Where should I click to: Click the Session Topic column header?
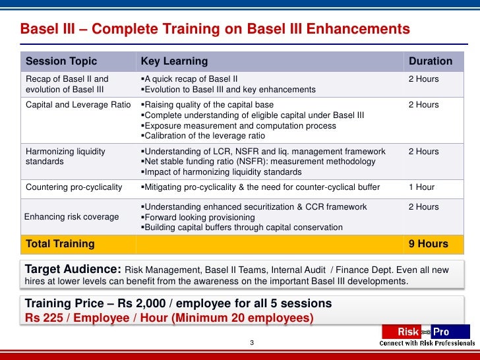point(61,61)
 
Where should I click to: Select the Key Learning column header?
point(174,61)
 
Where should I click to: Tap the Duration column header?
point(431,61)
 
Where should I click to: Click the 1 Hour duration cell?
point(421,187)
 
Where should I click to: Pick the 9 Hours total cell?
point(428,244)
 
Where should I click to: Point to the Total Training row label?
point(59,244)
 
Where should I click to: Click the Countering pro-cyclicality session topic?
point(74,187)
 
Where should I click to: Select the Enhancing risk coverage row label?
point(72,217)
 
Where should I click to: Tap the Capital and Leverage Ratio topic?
point(77,105)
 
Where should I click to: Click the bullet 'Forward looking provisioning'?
point(200,217)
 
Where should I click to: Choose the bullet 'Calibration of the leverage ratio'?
point(204,136)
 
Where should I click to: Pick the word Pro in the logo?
point(440,332)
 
